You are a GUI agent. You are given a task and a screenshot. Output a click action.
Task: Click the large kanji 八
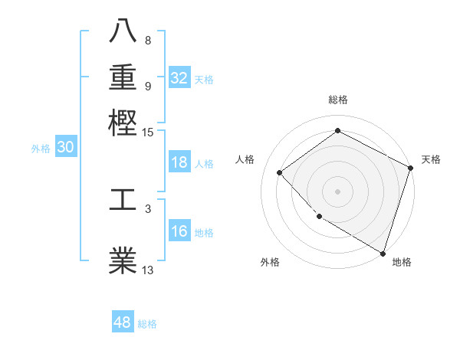click(x=123, y=31)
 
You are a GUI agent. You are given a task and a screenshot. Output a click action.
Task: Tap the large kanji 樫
click(x=123, y=122)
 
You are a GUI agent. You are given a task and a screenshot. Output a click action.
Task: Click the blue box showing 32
click(x=179, y=78)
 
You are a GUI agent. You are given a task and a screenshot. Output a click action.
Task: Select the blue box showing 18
click(x=179, y=162)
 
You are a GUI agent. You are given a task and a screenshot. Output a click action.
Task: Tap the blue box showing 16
click(x=179, y=232)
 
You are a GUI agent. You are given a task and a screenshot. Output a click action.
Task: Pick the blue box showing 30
click(x=65, y=148)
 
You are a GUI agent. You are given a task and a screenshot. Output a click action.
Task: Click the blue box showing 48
click(x=123, y=322)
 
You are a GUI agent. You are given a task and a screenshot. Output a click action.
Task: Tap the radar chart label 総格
click(x=337, y=100)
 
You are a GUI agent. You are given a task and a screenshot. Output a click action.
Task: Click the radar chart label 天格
click(x=431, y=159)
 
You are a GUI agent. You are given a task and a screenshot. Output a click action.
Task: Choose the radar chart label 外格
click(x=270, y=262)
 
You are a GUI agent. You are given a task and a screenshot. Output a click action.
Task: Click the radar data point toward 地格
click(x=383, y=252)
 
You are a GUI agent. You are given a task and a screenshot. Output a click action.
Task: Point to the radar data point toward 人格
click(x=280, y=172)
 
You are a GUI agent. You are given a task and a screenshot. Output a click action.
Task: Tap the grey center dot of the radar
click(x=337, y=191)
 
